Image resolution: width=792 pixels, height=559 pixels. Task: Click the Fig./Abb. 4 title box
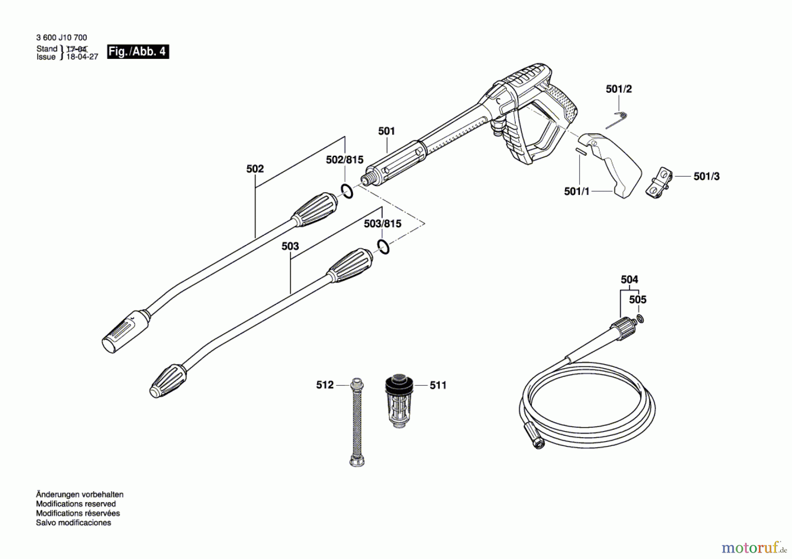click(x=138, y=52)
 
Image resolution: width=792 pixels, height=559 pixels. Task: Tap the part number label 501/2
click(x=619, y=89)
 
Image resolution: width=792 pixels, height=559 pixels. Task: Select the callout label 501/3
click(x=706, y=177)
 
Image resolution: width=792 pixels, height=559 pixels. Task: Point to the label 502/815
click(x=345, y=160)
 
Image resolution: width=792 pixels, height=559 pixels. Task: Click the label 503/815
click(x=382, y=224)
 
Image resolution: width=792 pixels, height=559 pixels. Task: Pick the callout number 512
click(x=325, y=385)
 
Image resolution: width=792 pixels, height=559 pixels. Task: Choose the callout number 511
click(x=438, y=385)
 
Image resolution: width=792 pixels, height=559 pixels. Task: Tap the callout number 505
click(x=638, y=300)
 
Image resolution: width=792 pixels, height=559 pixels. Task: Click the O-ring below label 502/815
click(x=347, y=191)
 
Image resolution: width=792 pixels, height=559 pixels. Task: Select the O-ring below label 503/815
click(x=383, y=247)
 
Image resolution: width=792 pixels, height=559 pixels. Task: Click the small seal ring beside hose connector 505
click(x=640, y=318)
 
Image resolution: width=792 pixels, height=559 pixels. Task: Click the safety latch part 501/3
click(x=659, y=182)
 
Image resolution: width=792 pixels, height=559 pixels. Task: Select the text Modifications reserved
click(x=76, y=504)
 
